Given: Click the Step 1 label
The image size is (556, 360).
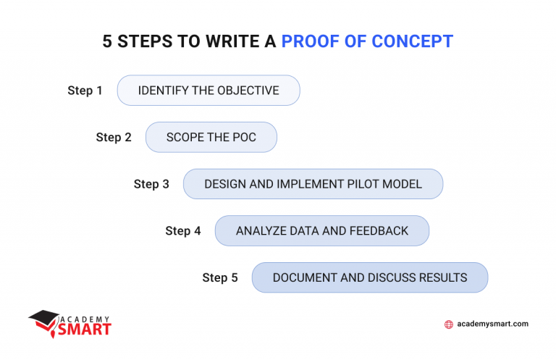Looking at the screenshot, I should (x=85, y=91).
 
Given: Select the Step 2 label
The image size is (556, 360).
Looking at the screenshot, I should (x=114, y=138).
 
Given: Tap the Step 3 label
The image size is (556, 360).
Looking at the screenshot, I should (x=151, y=184).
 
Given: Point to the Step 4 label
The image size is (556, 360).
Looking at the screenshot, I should (x=183, y=231).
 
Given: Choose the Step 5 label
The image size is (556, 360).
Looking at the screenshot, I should (x=220, y=277).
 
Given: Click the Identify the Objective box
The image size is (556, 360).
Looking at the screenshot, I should (x=208, y=91).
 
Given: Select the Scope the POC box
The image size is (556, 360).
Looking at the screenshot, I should (x=211, y=138).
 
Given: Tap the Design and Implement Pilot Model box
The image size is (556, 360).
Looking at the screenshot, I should (x=313, y=184).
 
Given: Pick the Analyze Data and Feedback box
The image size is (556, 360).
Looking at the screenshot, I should (x=322, y=231).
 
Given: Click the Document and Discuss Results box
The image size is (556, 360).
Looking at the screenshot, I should (x=370, y=277).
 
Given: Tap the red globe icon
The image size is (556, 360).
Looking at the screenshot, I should (x=449, y=325).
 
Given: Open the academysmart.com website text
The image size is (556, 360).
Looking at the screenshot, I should (x=493, y=325).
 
